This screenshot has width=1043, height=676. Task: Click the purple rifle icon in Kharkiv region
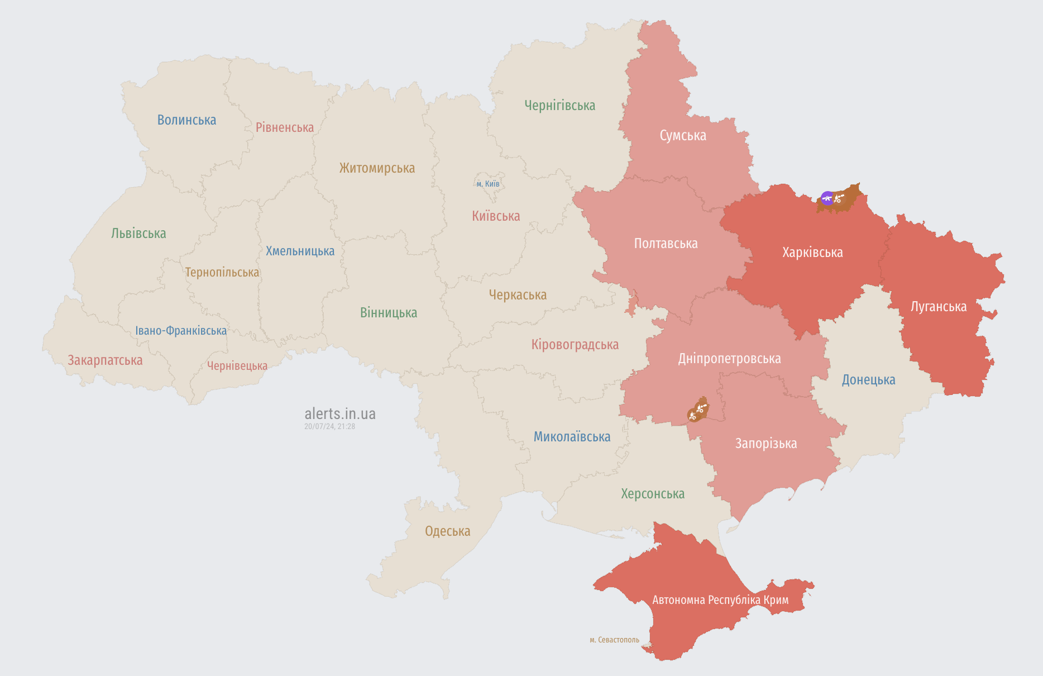point(827,198)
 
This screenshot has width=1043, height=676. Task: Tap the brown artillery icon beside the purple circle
point(839,198)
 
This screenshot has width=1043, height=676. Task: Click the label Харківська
point(812,253)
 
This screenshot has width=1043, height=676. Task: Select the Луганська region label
point(939,307)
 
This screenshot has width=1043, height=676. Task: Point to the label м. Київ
point(488,184)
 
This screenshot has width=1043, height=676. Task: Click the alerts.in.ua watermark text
point(340,414)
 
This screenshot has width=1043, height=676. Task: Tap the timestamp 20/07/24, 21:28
point(329,426)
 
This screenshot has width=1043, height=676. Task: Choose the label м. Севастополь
point(614,640)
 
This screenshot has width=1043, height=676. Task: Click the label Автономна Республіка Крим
point(720,600)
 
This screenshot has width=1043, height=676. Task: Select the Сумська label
point(683,136)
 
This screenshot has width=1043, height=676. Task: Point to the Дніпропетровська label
point(729,359)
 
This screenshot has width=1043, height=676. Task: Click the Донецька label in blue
point(868,380)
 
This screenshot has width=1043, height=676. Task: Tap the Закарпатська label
point(105,360)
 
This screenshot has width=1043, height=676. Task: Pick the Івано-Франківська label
point(181,331)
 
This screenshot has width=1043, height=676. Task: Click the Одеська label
point(447,531)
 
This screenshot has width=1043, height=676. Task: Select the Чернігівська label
point(559,106)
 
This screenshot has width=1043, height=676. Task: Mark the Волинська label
point(186,120)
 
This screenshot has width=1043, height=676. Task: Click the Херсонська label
point(653,494)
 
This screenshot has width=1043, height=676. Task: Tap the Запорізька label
point(765,444)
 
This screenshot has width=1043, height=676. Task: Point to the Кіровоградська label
point(575,345)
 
